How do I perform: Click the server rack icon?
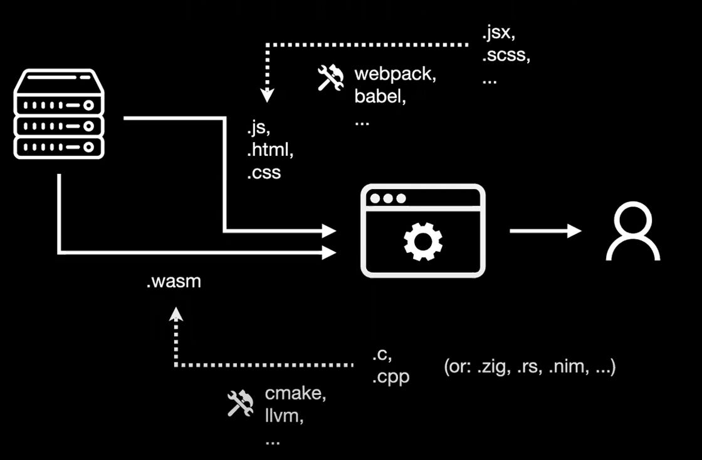click(59, 114)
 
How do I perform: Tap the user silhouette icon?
click(632, 231)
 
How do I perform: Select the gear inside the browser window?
click(423, 242)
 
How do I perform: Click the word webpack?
click(394, 74)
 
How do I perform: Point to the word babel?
click(377, 97)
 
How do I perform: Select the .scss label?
click(505, 55)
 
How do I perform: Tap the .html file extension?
click(270, 150)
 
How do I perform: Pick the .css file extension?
click(264, 172)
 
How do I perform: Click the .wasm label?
click(174, 282)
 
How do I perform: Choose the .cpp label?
click(390, 378)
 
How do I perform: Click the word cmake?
click(295, 394)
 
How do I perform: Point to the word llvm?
click(284, 416)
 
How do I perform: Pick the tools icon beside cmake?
click(240, 404)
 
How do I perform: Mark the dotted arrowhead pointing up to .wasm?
click(176, 314)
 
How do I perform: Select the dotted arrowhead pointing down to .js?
click(268, 96)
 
